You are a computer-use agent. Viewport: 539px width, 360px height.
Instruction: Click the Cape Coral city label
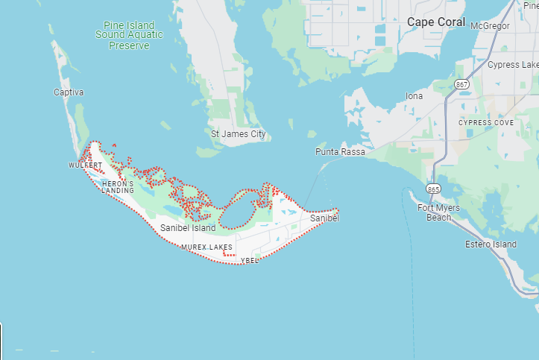pos(436,22)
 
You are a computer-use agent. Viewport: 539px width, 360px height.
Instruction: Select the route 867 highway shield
pos(463,84)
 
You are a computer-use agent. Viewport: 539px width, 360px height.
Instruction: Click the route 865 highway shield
pos(434,189)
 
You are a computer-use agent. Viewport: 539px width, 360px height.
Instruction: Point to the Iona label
pos(414,96)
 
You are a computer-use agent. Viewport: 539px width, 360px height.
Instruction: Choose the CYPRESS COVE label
pos(485,122)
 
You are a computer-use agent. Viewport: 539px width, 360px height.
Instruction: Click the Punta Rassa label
pos(340,152)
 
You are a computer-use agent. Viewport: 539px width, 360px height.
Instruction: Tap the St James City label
pos(238,135)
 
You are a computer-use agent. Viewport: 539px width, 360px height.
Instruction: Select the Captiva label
pos(69,92)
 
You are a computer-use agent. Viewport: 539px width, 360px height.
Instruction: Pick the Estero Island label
pos(491,244)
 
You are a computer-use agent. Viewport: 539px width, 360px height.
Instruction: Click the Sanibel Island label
pos(188,228)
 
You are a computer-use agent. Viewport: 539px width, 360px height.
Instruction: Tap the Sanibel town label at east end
pos(324,218)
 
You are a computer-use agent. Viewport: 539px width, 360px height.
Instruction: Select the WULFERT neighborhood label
pos(85,165)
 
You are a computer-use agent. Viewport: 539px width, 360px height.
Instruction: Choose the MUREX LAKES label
pos(207,247)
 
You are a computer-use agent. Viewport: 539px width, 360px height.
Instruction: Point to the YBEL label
pos(250,261)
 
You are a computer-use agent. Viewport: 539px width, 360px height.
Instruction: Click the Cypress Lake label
pos(513,65)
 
